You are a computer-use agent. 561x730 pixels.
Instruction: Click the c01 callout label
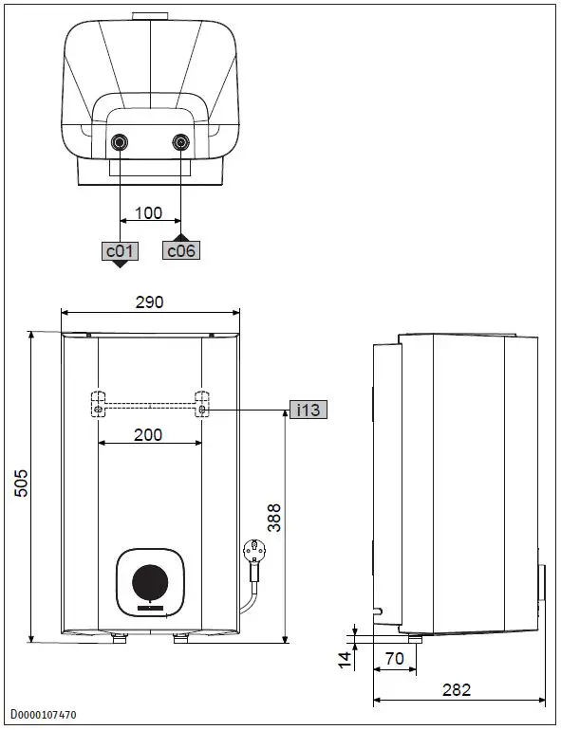tap(121, 251)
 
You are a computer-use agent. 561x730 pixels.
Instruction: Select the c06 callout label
tap(181, 251)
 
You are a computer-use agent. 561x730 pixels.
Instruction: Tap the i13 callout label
tap(309, 411)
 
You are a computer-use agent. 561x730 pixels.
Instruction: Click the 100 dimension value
tap(149, 213)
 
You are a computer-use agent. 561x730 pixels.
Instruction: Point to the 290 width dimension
tap(149, 302)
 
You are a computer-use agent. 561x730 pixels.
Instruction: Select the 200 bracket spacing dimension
tap(148, 435)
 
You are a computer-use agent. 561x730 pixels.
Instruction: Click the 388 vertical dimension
tap(273, 517)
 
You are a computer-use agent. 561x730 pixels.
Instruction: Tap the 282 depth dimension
tap(457, 690)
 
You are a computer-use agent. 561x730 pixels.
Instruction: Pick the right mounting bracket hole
tap(201, 410)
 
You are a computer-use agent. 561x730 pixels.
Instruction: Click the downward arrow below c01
tap(121, 265)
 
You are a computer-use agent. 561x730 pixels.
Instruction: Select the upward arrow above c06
tap(181, 237)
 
